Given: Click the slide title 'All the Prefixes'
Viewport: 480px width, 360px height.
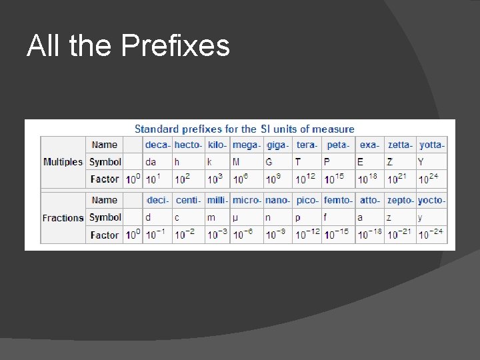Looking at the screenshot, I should point(128,46).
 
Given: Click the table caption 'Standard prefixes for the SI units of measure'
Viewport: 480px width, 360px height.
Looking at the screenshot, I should point(245,129).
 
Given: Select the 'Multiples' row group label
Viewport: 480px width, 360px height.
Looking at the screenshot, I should point(63,162).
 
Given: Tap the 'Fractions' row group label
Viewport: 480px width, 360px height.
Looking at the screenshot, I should point(63,218).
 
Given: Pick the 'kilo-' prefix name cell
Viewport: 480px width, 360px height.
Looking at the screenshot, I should point(217,145).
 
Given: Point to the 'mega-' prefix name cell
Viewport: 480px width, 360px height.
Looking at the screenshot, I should point(246,145).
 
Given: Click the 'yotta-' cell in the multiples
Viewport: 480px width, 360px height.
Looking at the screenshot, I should point(431,145).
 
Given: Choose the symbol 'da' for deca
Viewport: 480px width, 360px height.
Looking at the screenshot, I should point(151,162).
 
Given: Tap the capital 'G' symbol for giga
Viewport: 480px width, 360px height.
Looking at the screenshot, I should point(269,162).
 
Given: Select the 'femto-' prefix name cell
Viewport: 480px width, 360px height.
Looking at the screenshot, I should point(338,200).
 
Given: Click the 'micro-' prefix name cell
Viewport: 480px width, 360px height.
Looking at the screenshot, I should point(246,200).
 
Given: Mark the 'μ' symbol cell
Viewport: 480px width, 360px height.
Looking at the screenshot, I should point(235,217).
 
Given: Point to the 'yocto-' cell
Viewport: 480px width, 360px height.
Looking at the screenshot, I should point(431,200).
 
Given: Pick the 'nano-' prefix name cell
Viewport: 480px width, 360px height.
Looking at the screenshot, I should point(277,200).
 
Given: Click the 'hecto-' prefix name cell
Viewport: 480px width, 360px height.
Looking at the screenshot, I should point(188,145).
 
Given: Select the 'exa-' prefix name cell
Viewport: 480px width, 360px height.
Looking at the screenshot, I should point(369,145).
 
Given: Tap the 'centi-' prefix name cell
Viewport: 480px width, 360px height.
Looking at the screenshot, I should point(188,200).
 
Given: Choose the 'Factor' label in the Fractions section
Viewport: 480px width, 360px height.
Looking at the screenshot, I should point(105,235).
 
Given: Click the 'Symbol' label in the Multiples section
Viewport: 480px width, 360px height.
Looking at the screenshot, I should point(105,162).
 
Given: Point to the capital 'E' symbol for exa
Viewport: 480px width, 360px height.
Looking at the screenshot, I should point(361,162).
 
